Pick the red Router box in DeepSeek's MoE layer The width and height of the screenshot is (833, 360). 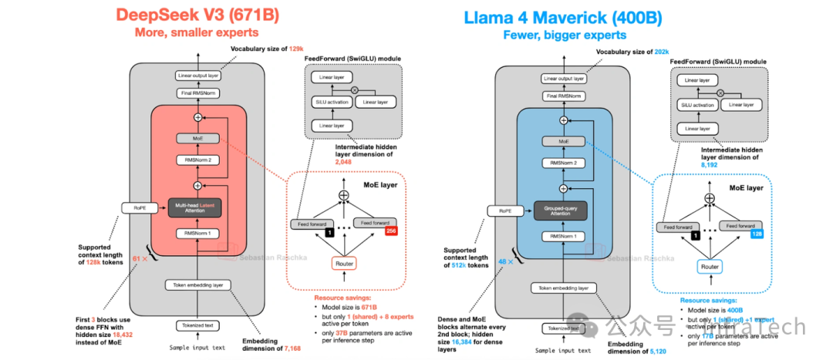click(x=343, y=264)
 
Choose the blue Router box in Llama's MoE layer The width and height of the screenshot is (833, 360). click(x=710, y=266)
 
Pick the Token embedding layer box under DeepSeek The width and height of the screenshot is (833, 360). click(x=197, y=285)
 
